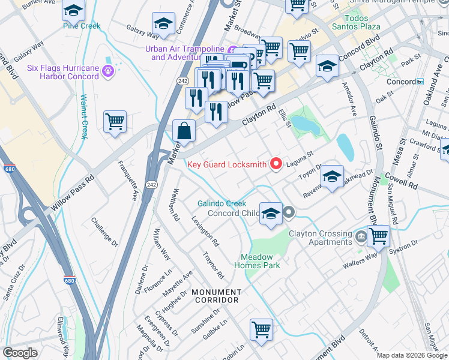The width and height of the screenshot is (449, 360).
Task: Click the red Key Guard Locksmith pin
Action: [276, 163]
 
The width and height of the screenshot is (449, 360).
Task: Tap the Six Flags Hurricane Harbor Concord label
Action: [62, 72]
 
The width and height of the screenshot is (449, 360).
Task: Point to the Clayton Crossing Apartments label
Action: [320, 238]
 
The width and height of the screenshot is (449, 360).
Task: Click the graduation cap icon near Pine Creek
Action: [73, 11]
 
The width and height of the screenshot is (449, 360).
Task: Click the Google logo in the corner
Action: [20, 352]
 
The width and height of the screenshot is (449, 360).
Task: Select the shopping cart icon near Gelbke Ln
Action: [262, 329]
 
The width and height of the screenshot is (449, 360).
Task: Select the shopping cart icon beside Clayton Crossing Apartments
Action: [378, 236]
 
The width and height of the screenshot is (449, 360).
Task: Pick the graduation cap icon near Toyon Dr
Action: [332, 176]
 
